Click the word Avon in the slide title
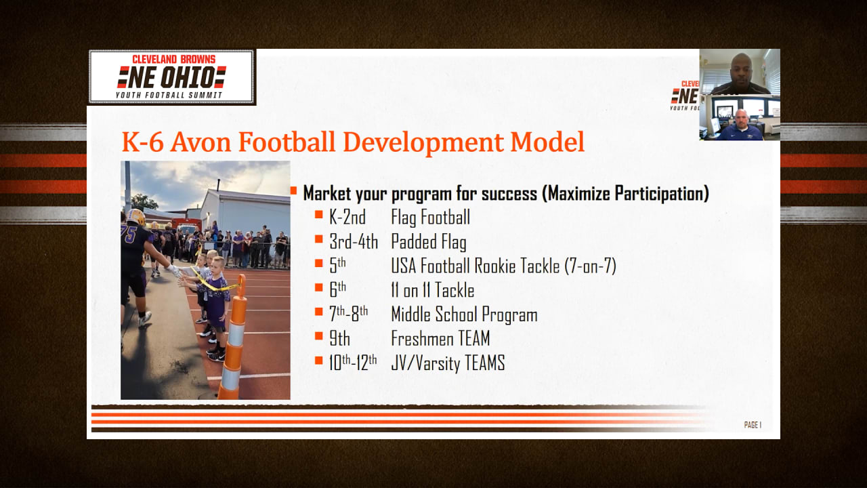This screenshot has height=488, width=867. [x=201, y=142]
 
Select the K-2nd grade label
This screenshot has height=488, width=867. [x=347, y=218]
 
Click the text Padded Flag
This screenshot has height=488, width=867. [x=429, y=243]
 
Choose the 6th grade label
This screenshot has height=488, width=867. [x=337, y=289]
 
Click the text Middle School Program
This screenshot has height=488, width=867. [x=464, y=314]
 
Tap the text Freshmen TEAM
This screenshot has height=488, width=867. [x=440, y=338]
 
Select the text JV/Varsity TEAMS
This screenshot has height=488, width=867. [x=448, y=363]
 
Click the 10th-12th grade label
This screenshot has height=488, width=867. [x=353, y=363]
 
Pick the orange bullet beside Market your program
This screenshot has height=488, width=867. [x=293, y=190]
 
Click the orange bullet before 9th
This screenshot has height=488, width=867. [x=319, y=335]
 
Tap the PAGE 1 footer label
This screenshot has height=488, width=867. [x=753, y=425]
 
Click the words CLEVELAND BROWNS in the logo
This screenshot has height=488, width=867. [x=174, y=59]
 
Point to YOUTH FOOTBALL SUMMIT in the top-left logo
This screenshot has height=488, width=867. [x=169, y=96]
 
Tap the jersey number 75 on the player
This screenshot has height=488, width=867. [x=129, y=234]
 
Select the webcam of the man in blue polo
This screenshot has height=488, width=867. [x=740, y=117]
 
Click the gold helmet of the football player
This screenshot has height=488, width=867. [x=136, y=217]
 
